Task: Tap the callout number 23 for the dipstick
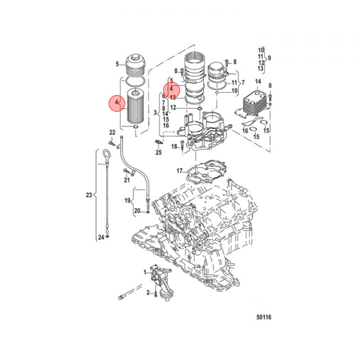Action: pyautogui.click(x=89, y=195)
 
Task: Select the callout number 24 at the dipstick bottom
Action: pyautogui.click(x=100, y=237)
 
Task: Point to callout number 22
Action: pyautogui.click(x=112, y=132)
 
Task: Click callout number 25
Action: pyautogui.click(x=158, y=152)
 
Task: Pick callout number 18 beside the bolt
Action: pyautogui.click(x=174, y=146)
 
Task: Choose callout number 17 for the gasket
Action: pyautogui.click(x=179, y=171)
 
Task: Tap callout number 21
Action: pyautogui.click(x=127, y=180)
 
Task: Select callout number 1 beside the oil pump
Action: pyautogui.click(x=145, y=271)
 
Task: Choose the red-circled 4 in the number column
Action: pyautogui.click(x=171, y=88)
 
